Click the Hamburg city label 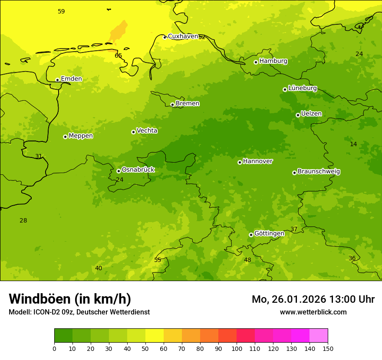[x=273, y=61]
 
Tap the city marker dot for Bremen [x=172, y=105]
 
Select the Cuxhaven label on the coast [x=183, y=36]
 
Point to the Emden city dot [x=57, y=80]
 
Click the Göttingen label [x=269, y=234]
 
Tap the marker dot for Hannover [x=240, y=162]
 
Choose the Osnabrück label [x=138, y=170]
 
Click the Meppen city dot [x=65, y=137]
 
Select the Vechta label [x=147, y=131]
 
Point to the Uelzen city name [x=311, y=114]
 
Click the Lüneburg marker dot [x=285, y=89]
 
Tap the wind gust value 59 [x=61, y=11]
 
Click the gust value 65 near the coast [x=119, y=56]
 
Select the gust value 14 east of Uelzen [x=353, y=144]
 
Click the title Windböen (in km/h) [x=70, y=299]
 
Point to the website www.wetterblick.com [x=313, y=312]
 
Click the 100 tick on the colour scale [x=237, y=348]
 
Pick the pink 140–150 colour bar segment [x=319, y=335]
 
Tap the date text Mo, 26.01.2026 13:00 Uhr [x=313, y=299]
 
